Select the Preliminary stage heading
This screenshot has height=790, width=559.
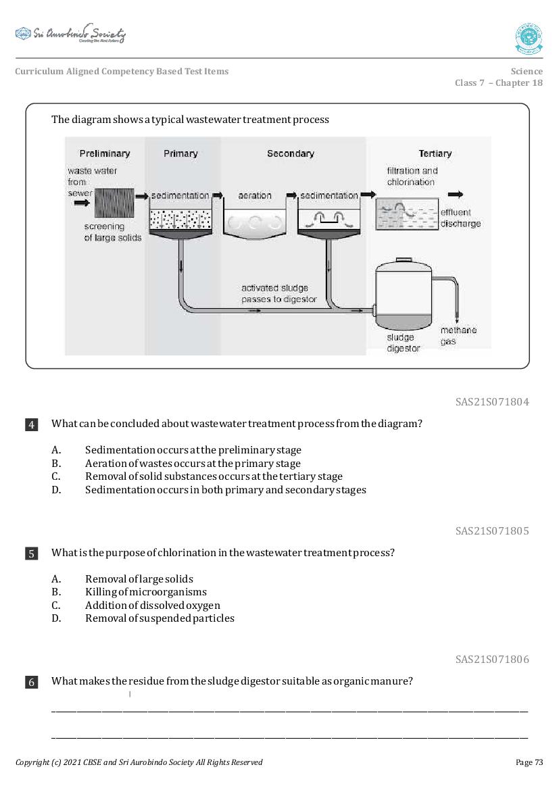(105, 153)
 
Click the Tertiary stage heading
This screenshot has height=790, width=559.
(435, 153)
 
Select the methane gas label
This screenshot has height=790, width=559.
(458, 336)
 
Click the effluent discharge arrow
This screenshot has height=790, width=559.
(455, 195)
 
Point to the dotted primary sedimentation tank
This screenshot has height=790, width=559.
(180, 218)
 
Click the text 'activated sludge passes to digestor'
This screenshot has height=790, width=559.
(278, 293)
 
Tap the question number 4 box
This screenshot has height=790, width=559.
(32, 424)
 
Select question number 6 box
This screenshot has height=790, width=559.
(32, 682)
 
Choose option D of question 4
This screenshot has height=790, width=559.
(225, 489)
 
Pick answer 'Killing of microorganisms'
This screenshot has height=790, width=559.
(145, 592)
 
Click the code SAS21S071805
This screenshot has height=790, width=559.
(491, 530)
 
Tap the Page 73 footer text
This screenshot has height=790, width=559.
(529, 762)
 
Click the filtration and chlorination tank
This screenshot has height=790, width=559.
(404, 217)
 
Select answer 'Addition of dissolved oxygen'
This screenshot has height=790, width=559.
(152, 605)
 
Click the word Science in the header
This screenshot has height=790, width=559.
(526, 71)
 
